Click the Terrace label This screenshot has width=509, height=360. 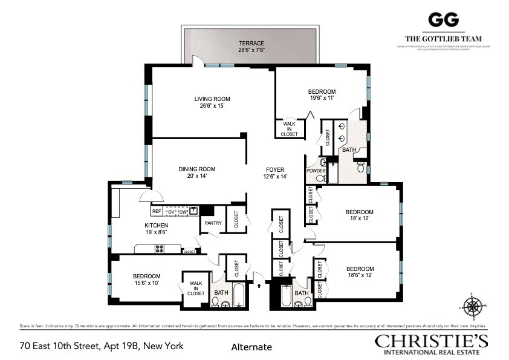click(251, 43)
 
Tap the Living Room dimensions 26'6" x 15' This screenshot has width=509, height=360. click(212, 106)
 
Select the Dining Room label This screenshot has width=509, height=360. click(196, 169)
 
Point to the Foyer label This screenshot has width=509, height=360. click(275, 169)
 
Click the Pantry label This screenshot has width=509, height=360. click(213, 223)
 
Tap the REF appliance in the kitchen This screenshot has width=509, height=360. click(157, 212)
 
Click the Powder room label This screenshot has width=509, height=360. click(316, 171)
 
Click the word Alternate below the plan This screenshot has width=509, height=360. click(251, 347)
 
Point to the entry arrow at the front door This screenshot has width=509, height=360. click(260, 281)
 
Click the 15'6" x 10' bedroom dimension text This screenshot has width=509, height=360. click(147, 283)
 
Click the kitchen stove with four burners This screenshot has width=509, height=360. click(161, 247)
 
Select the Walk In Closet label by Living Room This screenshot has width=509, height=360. click(289, 129)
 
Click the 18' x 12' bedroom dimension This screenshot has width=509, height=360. click(359, 219)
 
